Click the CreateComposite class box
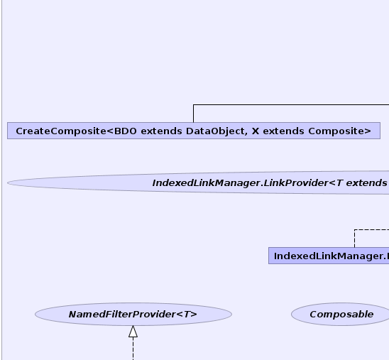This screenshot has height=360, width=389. [x=194, y=131]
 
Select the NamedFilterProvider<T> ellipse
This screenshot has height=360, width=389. [x=133, y=314]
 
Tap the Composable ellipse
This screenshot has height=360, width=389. [x=341, y=314]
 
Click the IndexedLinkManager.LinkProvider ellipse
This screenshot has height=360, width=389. [x=199, y=182]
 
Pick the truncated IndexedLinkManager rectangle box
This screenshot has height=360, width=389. [x=329, y=256]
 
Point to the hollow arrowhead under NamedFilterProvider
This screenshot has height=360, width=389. [x=133, y=332]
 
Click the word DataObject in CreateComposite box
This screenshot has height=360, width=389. [x=217, y=131]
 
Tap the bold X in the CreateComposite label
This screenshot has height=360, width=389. [x=256, y=131]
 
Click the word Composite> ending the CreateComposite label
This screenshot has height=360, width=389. [x=339, y=131]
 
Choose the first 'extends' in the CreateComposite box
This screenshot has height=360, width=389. [x=161, y=131]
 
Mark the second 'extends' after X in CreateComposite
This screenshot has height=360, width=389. [x=283, y=131]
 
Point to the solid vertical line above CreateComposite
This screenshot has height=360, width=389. [x=193, y=114]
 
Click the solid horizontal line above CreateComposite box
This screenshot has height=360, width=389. [x=291, y=104]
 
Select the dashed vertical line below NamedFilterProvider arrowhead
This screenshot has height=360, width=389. [x=133, y=349]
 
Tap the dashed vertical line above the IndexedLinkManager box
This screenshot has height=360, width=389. [x=354, y=239]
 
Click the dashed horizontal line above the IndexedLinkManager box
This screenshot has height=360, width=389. [x=372, y=230]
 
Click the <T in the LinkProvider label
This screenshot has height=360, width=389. [x=336, y=183]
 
